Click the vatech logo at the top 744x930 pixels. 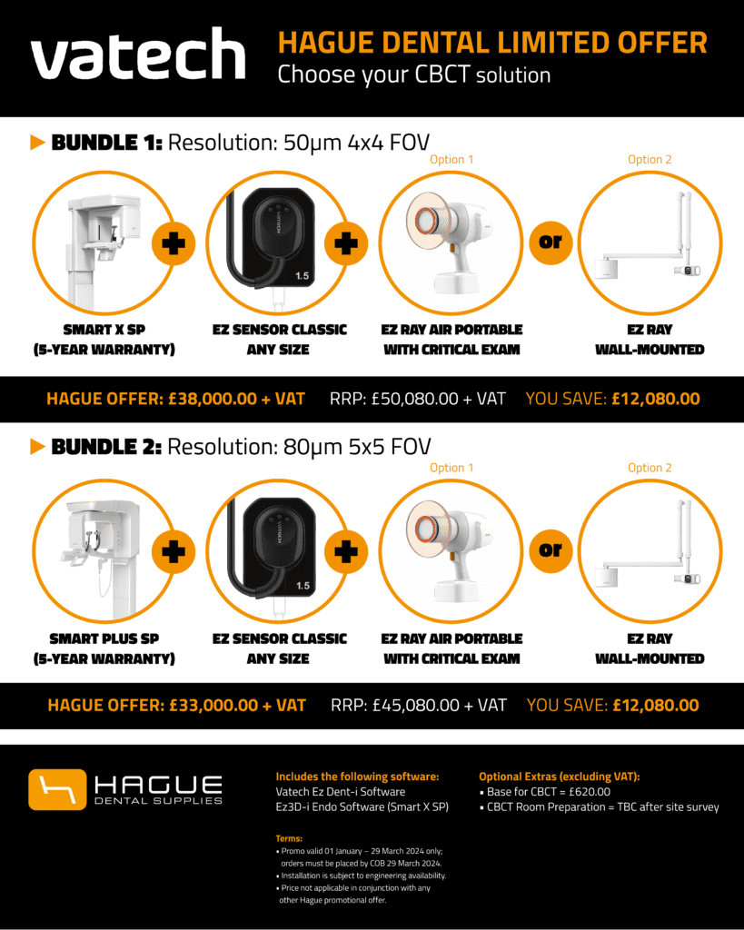pyautogui.click(x=138, y=54)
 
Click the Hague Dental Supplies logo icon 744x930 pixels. pyautogui.click(x=57, y=789)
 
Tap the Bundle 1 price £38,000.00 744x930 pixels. pyautogui.click(x=213, y=399)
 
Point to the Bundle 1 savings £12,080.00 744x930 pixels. pyautogui.click(x=656, y=399)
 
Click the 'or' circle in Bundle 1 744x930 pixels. pyautogui.click(x=551, y=242)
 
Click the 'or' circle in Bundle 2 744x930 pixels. pyautogui.click(x=551, y=550)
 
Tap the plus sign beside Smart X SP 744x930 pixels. pyautogui.click(x=174, y=243)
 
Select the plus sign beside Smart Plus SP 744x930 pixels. pyautogui.click(x=174, y=551)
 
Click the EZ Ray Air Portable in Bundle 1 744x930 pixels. pyautogui.click(x=451, y=243)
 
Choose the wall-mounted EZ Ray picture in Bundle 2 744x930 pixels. pyautogui.click(x=650, y=546)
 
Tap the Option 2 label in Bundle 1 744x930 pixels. pyautogui.click(x=650, y=160)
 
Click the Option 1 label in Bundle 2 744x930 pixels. pyautogui.click(x=451, y=468)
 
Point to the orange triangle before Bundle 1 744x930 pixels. pyautogui.click(x=37, y=143)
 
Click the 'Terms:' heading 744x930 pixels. pyautogui.click(x=289, y=838)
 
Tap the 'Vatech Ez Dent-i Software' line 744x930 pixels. pyautogui.click(x=341, y=792)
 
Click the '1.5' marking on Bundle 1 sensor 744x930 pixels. pyautogui.click(x=302, y=276)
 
